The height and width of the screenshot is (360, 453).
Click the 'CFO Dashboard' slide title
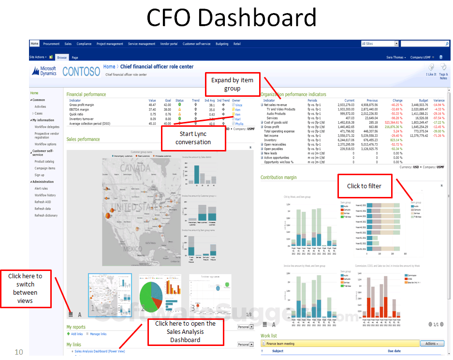pyautogui.click(x=231, y=18)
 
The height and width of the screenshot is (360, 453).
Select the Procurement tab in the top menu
pyautogui.click(x=52, y=44)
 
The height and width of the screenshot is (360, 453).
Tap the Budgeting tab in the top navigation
pyautogui.click(x=222, y=44)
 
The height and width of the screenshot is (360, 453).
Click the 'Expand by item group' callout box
pyautogui.click(x=232, y=85)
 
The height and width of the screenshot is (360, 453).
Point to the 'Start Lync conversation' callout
pyautogui.click(x=193, y=138)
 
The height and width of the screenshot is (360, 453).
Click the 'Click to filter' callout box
pyautogui.click(x=364, y=186)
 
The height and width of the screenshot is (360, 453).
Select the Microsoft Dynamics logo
pyautogui.click(x=44, y=71)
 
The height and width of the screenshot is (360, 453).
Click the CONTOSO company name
pyautogui.click(x=81, y=71)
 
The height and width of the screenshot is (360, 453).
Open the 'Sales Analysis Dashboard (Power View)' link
pyautogui.click(x=100, y=351)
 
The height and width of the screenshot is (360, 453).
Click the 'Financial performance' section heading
pyautogui.click(x=86, y=94)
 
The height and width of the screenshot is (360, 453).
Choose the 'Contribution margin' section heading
pyautogui.click(x=278, y=178)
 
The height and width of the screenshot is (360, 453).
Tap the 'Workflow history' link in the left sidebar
pyautogui.click(x=45, y=195)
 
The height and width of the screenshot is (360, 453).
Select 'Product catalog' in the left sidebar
pyautogui.click(x=44, y=162)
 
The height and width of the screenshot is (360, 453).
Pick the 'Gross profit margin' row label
pyautogui.click(x=82, y=105)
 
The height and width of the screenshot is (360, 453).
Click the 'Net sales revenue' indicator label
pyautogui.click(x=275, y=105)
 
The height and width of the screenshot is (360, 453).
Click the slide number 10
pyautogui.click(x=19, y=352)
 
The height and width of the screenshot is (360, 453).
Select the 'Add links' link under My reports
pyautogui.click(x=76, y=334)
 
